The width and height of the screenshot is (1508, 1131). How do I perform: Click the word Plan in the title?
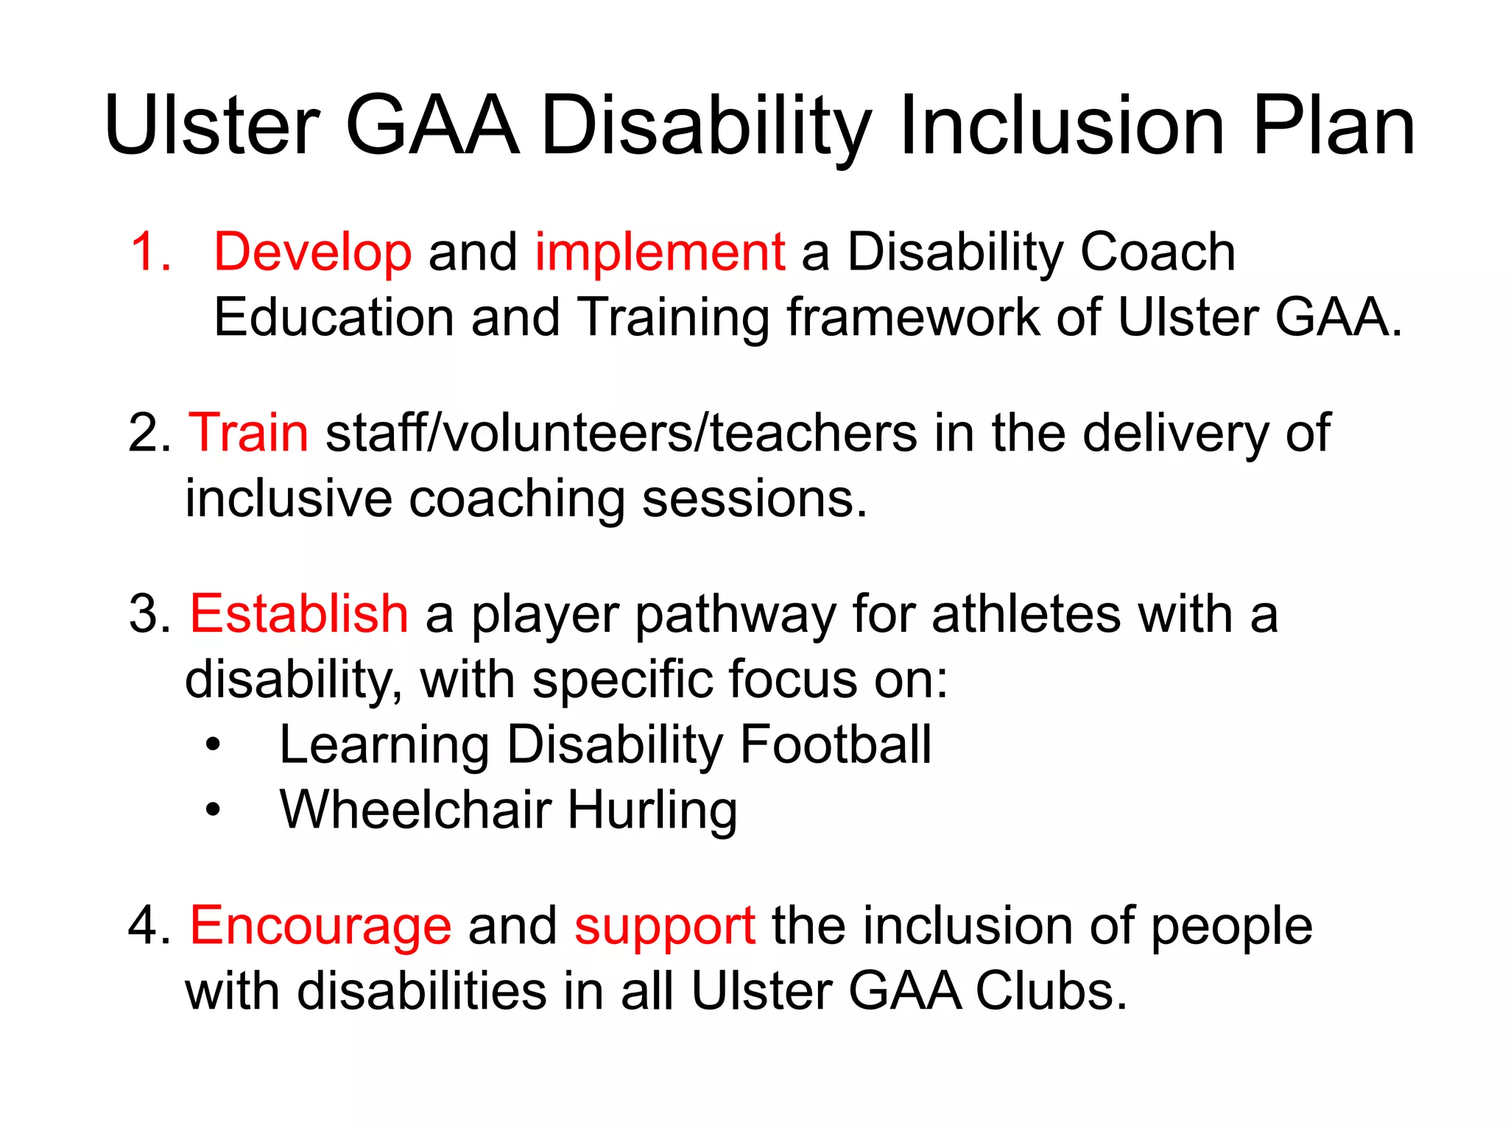tap(1333, 127)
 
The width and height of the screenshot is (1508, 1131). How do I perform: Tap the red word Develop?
tap(312, 253)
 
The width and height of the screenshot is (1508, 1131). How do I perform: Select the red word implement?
tap(660, 253)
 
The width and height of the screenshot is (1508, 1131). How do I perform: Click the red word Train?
tap(248, 433)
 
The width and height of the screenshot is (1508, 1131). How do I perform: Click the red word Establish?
tap(298, 614)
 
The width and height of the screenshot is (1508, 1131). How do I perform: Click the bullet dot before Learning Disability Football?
tap(213, 746)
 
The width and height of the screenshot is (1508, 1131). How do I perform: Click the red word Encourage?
tap(320, 926)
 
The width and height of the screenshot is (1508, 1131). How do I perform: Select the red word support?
tap(664, 928)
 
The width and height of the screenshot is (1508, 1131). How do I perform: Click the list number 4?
tap(147, 926)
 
